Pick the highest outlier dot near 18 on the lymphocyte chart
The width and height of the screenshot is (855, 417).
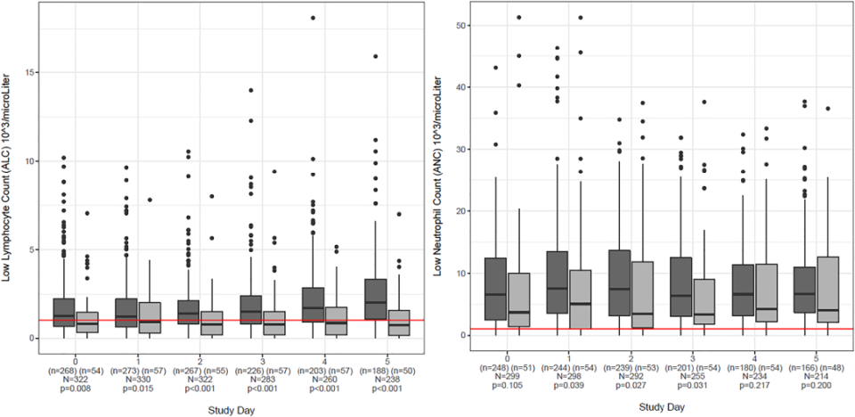click(313, 18)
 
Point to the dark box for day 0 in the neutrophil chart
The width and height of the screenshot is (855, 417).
click(495, 289)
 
